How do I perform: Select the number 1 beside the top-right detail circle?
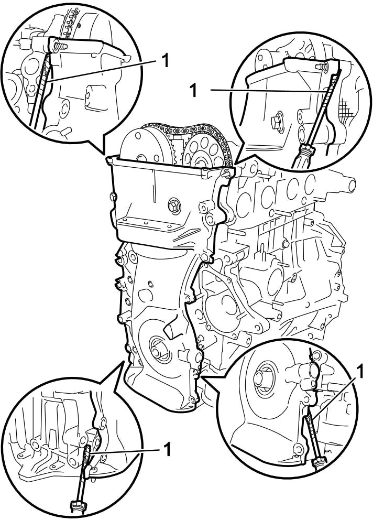pos(193,90)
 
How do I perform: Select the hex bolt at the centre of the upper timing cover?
pos(174,205)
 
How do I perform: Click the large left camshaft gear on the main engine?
pos(146,146)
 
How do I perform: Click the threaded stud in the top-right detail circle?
pos(321,67)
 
